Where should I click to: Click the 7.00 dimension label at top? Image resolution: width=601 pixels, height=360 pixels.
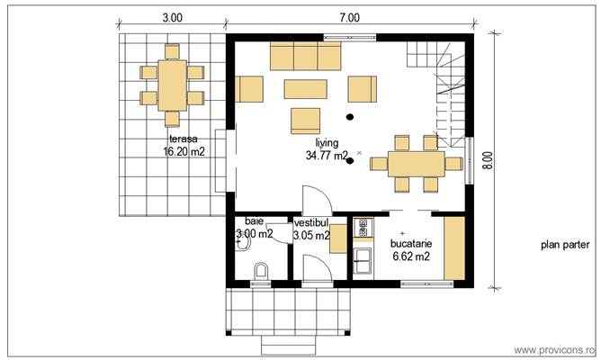point(350,17)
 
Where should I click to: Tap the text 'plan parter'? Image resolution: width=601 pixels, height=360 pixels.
point(563,244)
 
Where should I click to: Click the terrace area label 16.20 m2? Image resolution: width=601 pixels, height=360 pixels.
point(184,152)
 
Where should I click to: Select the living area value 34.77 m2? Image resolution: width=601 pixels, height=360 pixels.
point(327,156)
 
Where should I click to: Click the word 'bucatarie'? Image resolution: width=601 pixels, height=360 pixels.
point(410,243)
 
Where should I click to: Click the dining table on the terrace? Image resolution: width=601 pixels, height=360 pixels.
point(172,85)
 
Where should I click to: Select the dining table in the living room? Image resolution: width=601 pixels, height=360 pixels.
point(417,164)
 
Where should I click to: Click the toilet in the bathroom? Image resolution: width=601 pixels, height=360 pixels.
point(262,270)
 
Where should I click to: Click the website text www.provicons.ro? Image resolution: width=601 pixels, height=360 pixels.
point(554,349)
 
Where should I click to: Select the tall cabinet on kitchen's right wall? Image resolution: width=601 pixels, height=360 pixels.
point(455,247)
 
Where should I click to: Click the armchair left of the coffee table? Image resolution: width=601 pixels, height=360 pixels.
point(249,89)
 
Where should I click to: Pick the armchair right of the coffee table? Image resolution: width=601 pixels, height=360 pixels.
point(362,89)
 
